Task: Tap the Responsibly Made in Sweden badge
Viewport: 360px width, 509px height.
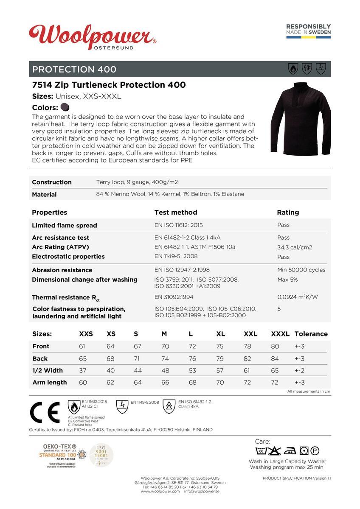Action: tap(308, 31)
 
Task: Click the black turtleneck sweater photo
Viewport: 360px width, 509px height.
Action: tap(301, 117)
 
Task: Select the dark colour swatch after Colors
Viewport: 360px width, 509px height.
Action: tap(65, 107)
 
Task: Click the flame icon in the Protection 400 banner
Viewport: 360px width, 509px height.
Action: tap(293, 69)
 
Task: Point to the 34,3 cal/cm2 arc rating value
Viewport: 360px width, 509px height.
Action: tap(295, 247)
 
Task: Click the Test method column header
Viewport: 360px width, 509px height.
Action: tap(175, 212)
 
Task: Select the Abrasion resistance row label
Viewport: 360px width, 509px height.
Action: tap(62, 270)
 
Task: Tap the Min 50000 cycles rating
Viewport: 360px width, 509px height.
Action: tap(301, 270)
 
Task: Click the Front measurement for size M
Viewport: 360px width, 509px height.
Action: tap(165, 347)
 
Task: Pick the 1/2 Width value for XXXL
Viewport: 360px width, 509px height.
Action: tap(275, 370)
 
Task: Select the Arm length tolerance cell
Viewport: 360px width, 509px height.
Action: tap(299, 382)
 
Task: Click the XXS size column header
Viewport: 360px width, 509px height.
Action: tap(86, 334)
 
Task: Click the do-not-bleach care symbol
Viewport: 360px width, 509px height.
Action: tap(275, 451)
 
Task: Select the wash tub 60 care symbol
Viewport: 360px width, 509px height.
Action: tap(262, 451)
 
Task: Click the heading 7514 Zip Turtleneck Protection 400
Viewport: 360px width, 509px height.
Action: tap(109, 85)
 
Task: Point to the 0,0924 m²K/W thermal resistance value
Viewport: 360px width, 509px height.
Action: tap(297, 297)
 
